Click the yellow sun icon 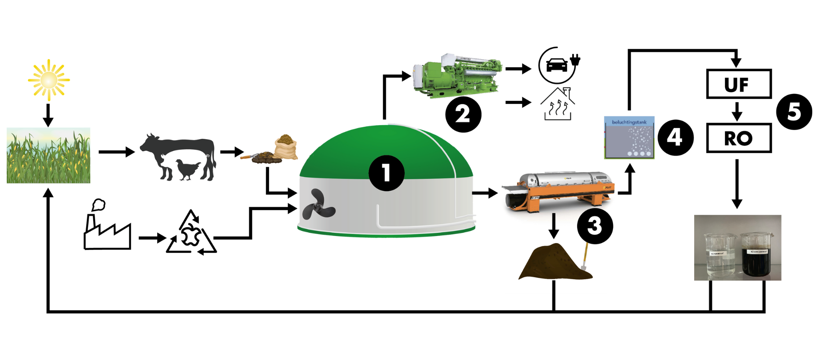[x=49, y=80]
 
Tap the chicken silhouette [x=187, y=169]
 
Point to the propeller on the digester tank [x=318, y=204]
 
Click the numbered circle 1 [x=386, y=173]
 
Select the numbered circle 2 [x=463, y=114]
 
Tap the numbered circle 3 [x=595, y=226]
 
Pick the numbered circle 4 [x=675, y=138]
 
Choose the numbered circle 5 [x=794, y=112]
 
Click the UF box [x=739, y=84]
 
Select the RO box [x=739, y=138]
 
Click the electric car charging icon [x=558, y=65]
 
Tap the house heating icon [x=557, y=105]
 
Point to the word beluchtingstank [x=629, y=122]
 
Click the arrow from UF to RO [x=737, y=111]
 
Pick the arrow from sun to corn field [x=48, y=115]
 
